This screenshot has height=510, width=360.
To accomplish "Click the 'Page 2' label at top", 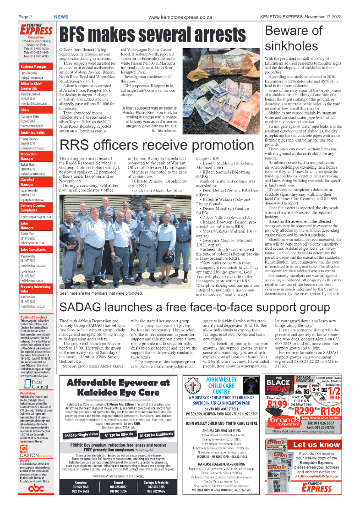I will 25,17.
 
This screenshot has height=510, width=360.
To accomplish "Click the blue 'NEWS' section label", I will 61,17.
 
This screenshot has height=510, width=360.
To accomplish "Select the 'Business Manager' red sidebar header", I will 33,67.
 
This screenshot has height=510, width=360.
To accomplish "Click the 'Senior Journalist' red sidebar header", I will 32,132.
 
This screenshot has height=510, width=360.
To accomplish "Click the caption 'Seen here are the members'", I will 101,293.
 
